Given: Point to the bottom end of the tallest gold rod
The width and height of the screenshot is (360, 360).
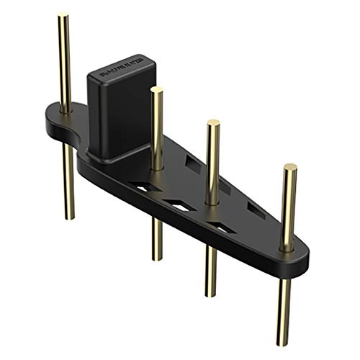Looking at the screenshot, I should pos(70,216).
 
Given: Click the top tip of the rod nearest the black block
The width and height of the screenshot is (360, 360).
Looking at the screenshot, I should pos(156,90).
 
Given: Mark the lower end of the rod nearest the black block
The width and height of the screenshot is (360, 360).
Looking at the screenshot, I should pos(156,257).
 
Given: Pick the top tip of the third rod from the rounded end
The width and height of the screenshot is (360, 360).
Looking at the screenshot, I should pos(213,122).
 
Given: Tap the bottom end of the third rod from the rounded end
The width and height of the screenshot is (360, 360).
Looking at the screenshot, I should pos(211,294).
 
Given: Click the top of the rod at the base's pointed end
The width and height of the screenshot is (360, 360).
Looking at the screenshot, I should pos(289,167).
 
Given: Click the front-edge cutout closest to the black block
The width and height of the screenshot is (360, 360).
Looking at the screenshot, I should pos(147,187).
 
